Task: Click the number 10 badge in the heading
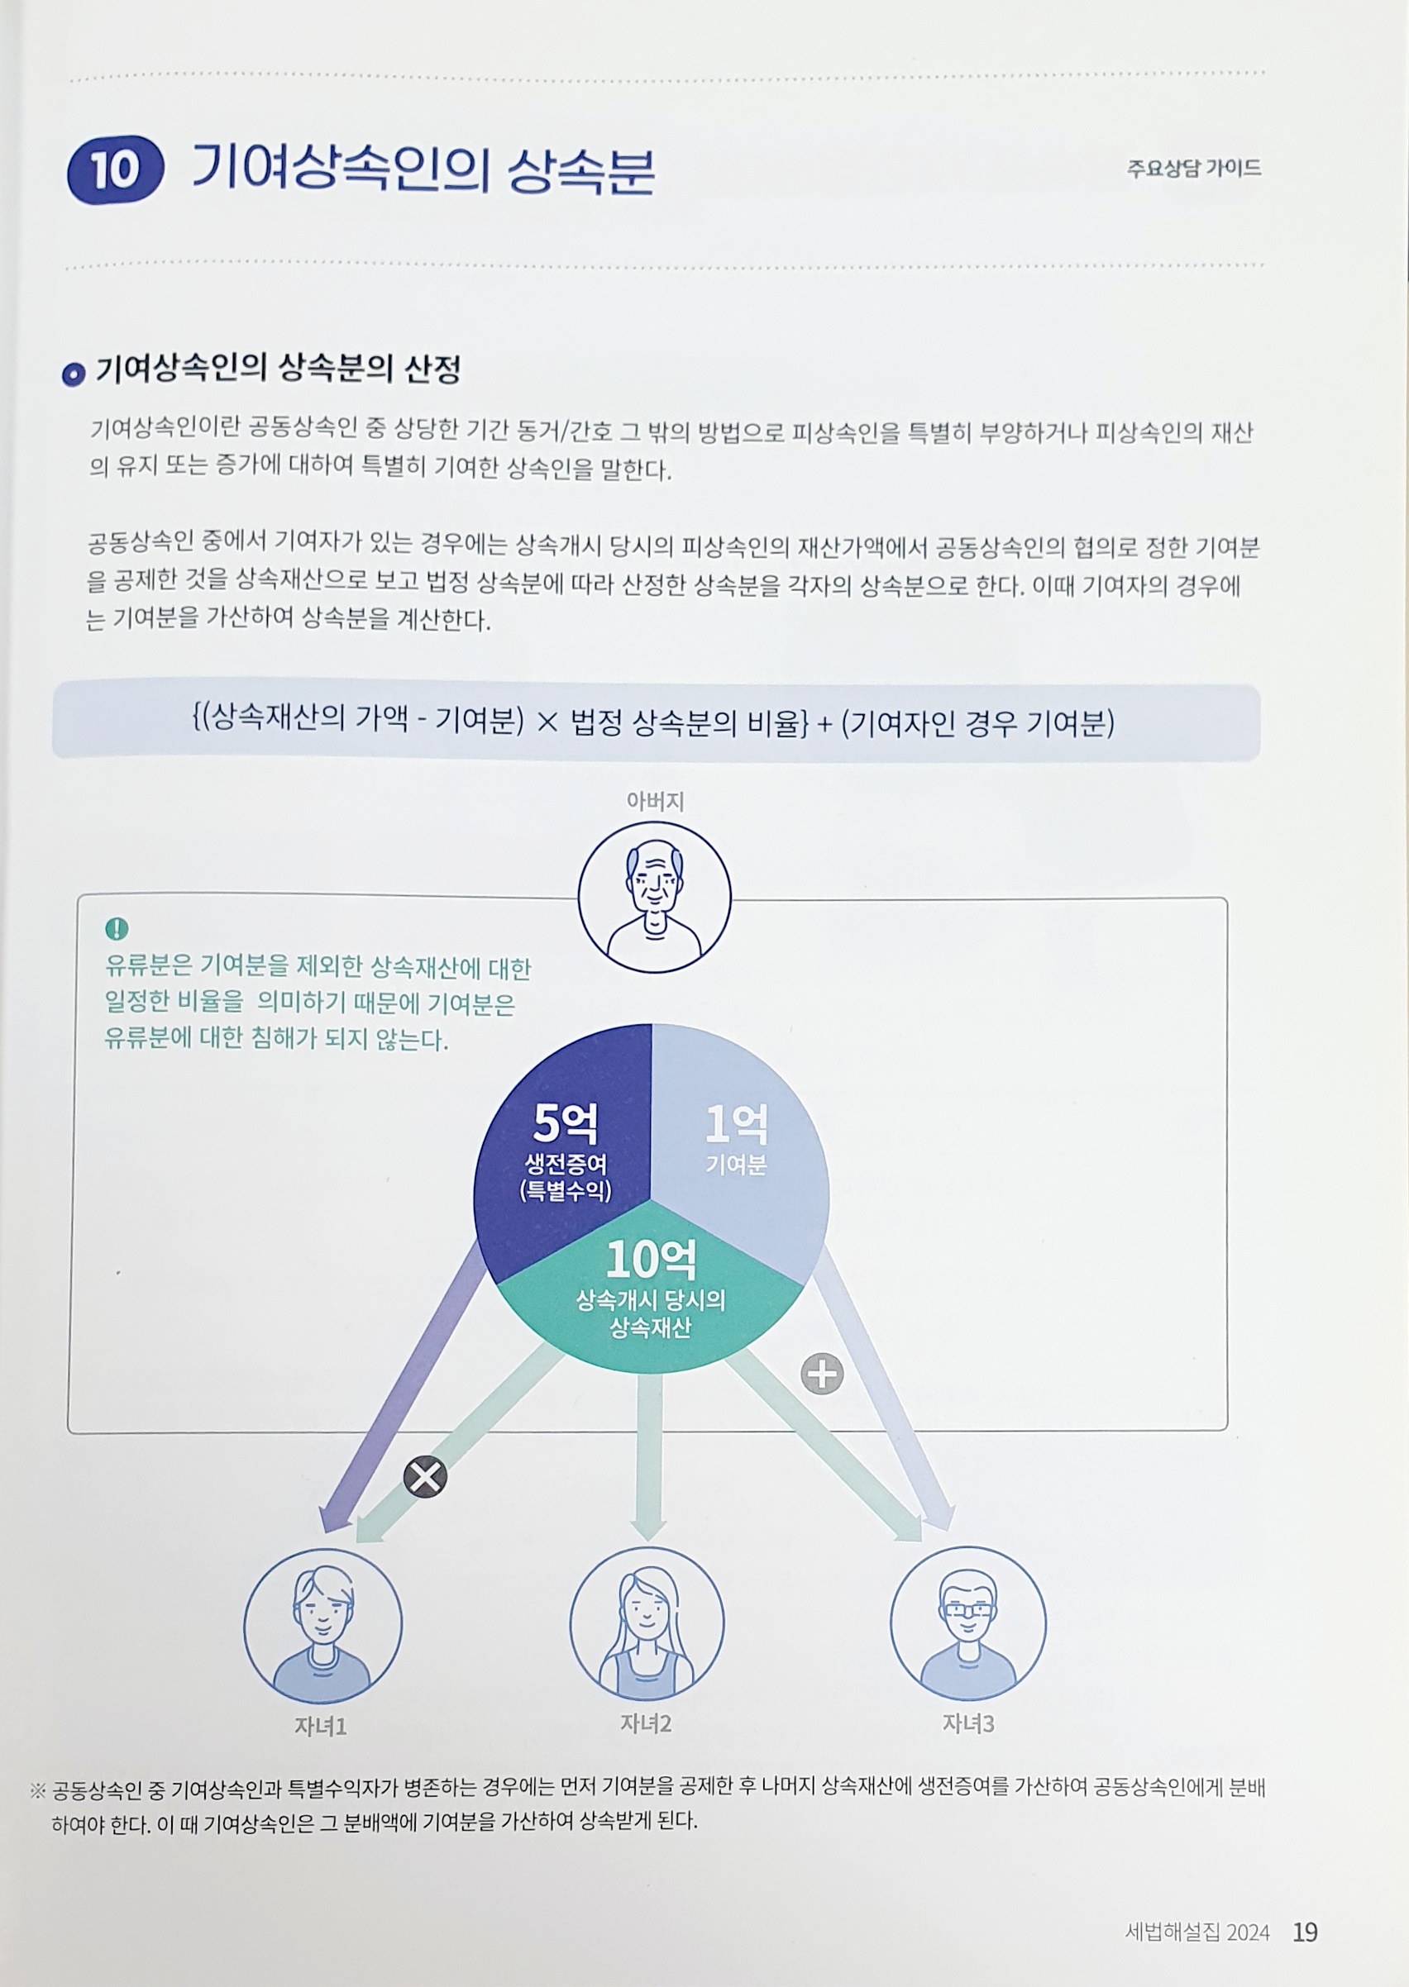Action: tap(115, 170)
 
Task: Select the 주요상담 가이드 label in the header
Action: tap(1194, 169)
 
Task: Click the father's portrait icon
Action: tap(654, 897)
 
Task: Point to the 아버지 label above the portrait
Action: tap(655, 802)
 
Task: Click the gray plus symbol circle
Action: tap(822, 1374)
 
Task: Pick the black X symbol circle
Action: tap(425, 1476)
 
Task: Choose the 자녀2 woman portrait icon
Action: tap(647, 1623)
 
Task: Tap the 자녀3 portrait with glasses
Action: tap(967, 1623)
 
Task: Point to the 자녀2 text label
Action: tap(646, 1724)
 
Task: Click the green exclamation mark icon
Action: tap(117, 929)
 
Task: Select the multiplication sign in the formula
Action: tap(547, 722)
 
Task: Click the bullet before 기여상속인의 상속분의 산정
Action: tap(73, 374)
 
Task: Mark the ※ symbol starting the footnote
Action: tap(37, 1789)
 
